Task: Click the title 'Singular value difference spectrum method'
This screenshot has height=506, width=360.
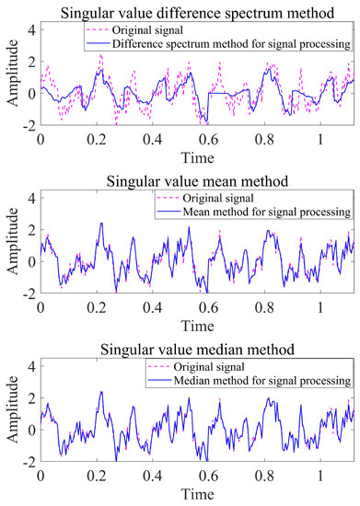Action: [x=195, y=11]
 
